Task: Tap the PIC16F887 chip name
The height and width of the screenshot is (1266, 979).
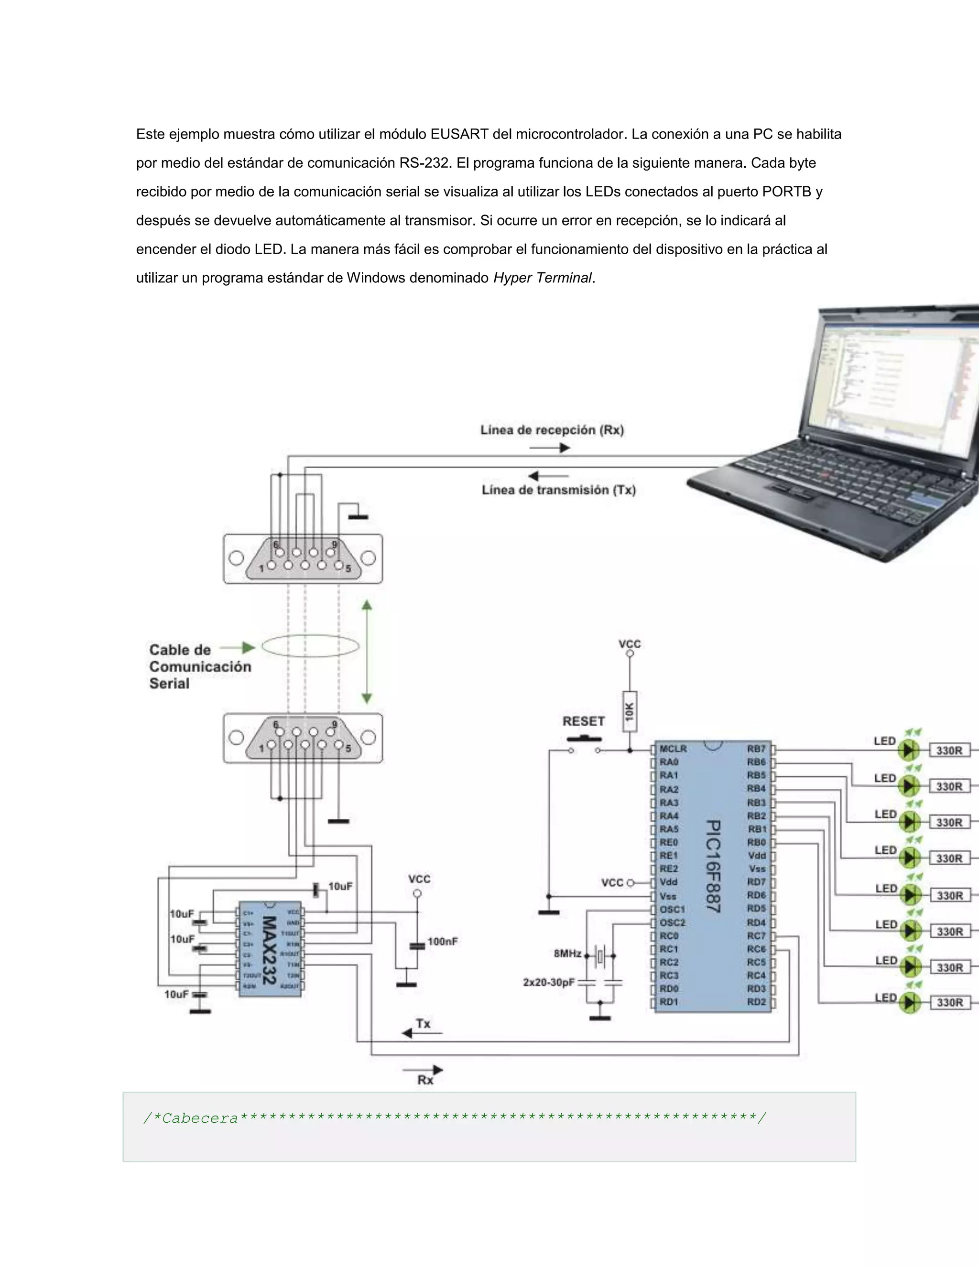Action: [x=713, y=866]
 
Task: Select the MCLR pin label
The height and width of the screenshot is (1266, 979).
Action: [x=673, y=749]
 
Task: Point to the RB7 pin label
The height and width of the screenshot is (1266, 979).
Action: [x=756, y=749]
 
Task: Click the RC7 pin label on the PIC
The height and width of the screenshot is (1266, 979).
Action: [x=756, y=935]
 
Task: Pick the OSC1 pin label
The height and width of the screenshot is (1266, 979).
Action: [x=672, y=909]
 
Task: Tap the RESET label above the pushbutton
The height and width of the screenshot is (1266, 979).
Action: [x=584, y=721]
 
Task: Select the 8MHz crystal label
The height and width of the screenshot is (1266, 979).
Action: [x=567, y=954]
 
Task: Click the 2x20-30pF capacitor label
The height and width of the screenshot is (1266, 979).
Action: [x=549, y=983]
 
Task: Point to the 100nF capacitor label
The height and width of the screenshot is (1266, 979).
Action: [x=443, y=942]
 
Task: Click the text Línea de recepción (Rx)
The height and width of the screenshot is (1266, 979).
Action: [x=552, y=430]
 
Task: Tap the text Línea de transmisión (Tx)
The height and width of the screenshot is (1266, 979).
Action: [x=558, y=490]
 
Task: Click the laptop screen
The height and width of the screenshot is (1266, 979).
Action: [x=893, y=383]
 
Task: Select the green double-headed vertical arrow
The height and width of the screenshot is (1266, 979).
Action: [x=367, y=652]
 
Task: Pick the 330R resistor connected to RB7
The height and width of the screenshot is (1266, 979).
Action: [x=949, y=751]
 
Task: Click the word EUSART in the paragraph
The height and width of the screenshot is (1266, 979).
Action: [x=459, y=135]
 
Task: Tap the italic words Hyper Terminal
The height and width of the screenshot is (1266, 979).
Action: [x=542, y=278]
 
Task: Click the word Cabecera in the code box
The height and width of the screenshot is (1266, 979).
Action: [x=200, y=1118]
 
